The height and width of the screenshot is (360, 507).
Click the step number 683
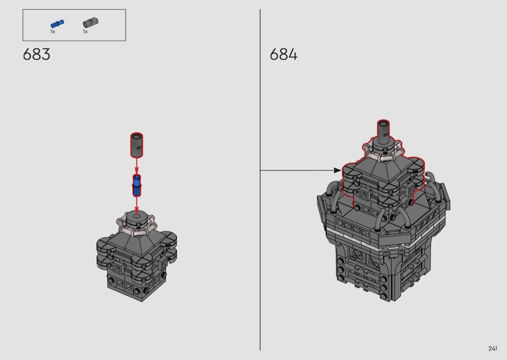pyautogui.click(x=37, y=55)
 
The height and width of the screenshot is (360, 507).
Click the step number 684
pyautogui.click(x=283, y=55)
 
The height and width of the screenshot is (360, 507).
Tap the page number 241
pyautogui.click(x=493, y=348)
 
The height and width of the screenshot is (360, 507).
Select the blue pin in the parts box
pyautogui.click(x=57, y=24)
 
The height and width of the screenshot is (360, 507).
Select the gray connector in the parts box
pyautogui.click(x=91, y=23)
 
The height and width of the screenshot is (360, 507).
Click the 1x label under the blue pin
pyautogui.click(x=52, y=32)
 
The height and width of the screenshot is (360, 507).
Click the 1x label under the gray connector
pyautogui.click(x=85, y=32)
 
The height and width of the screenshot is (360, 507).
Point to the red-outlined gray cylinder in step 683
pyautogui.click(x=137, y=145)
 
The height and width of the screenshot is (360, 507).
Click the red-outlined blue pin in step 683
pyautogui.click(x=137, y=185)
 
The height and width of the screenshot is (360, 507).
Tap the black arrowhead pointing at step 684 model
pyautogui.click(x=337, y=170)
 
